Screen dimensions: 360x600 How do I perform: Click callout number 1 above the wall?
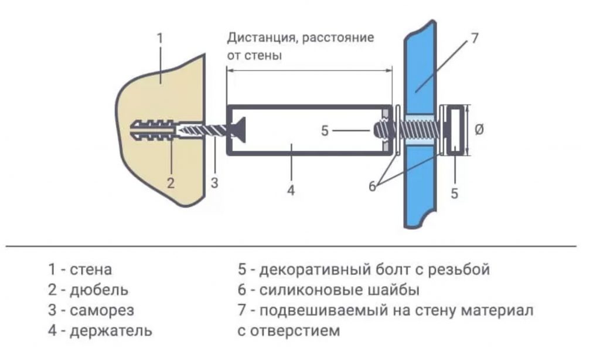160,38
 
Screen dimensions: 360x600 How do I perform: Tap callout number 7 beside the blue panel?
474,39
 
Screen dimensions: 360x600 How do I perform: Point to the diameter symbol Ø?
479,130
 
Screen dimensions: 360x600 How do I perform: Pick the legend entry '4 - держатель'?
100,331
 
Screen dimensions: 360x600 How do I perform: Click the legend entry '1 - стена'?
80,270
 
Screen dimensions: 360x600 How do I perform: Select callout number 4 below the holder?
291,191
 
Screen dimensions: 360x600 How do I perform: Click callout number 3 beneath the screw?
214,182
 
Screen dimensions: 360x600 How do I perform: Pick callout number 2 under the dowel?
171,182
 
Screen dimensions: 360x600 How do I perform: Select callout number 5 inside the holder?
325,131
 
